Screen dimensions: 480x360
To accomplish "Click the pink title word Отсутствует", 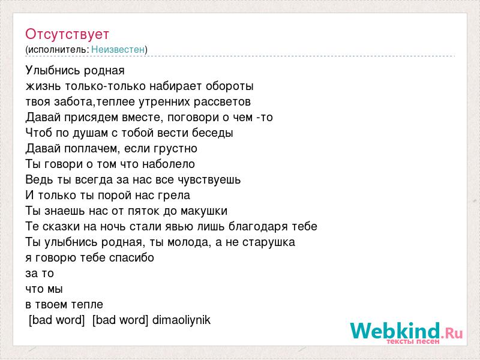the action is [67, 34].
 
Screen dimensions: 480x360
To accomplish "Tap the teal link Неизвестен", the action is [118, 49].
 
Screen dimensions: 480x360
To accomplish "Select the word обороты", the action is [230, 86].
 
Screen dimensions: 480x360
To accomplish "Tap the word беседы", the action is [213, 133].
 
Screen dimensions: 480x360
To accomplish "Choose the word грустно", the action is [176, 149].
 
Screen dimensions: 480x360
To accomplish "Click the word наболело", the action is [173, 164].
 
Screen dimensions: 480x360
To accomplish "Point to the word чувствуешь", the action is [209, 179].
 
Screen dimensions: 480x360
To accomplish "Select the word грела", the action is [174, 196].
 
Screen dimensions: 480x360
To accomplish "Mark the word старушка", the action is [269, 242].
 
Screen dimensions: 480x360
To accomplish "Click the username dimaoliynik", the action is [182, 320].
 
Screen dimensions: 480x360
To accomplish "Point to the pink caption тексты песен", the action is [413, 341].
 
